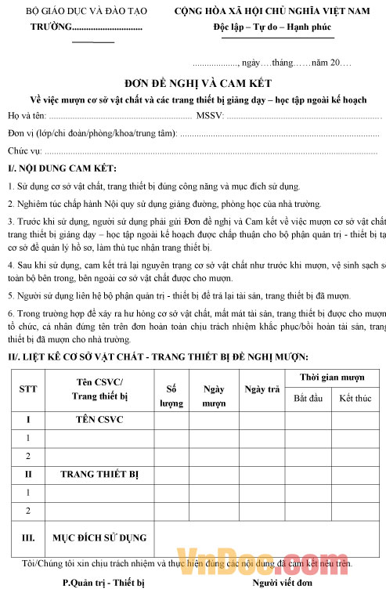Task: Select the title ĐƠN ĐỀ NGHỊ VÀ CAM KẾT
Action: (192, 84)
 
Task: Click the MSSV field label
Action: (211, 117)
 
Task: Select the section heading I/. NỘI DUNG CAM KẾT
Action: (62, 168)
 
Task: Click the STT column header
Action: (28, 389)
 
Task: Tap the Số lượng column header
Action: (171, 396)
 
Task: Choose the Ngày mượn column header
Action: (214, 396)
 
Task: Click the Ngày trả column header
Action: (262, 389)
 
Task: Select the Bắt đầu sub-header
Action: (308, 399)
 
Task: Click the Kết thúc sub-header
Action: (355, 399)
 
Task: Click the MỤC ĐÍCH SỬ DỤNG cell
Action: (99, 538)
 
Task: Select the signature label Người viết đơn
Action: (282, 583)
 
